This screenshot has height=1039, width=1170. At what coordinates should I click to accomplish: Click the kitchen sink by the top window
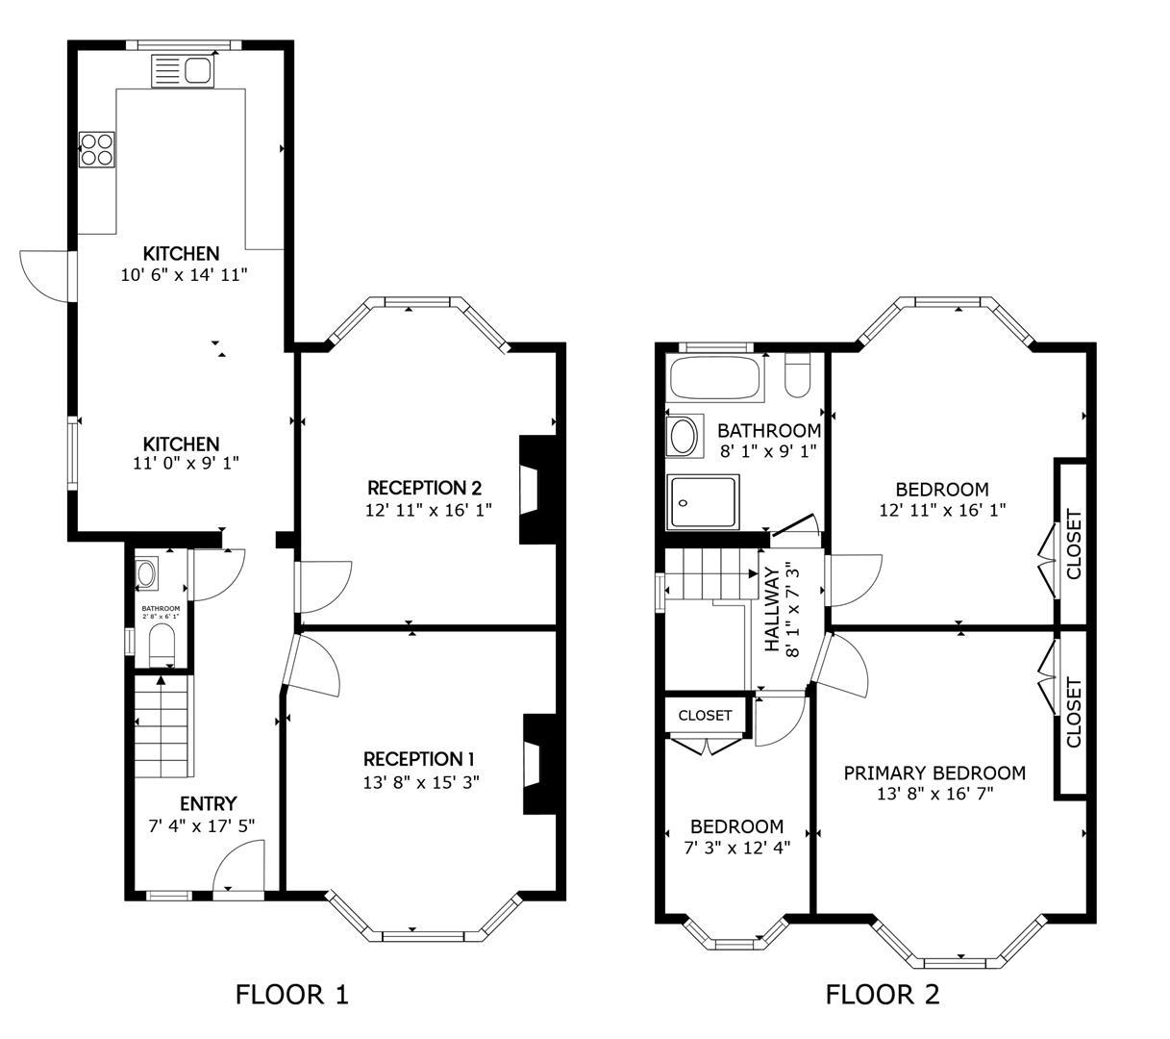pyautogui.click(x=183, y=71)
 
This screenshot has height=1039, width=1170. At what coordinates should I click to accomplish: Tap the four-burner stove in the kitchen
pyautogui.click(x=96, y=150)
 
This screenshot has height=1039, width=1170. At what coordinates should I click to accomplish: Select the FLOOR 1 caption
pyautogui.click(x=292, y=995)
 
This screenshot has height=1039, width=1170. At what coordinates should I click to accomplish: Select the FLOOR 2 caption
pyautogui.click(x=883, y=995)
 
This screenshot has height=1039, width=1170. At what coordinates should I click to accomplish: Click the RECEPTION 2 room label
pyautogui.click(x=425, y=488)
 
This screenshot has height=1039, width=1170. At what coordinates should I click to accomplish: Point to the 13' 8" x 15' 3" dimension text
pyautogui.click(x=422, y=782)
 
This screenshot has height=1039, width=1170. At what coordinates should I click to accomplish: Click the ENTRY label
pyautogui.click(x=209, y=804)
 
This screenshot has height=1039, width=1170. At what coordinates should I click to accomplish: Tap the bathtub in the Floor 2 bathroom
pyautogui.click(x=715, y=378)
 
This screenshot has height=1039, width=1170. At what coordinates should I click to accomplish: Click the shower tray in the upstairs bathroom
pyautogui.click(x=702, y=502)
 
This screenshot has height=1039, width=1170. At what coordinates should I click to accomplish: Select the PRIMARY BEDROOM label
pyautogui.click(x=934, y=773)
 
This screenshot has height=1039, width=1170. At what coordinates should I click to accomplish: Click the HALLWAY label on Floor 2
pyautogui.click(x=772, y=610)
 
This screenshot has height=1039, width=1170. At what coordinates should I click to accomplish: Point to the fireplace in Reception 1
pyautogui.click(x=539, y=765)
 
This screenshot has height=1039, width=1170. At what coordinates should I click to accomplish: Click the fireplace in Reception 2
pyautogui.click(x=537, y=490)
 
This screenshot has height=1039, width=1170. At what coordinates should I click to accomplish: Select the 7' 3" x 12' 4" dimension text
pyautogui.click(x=736, y=848)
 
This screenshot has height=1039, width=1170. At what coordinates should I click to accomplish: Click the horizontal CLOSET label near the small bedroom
pyautogui.click(x=705, y=716)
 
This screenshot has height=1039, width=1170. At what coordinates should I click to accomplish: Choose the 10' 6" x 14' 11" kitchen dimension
pyautogui.click(x=185, y=275)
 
